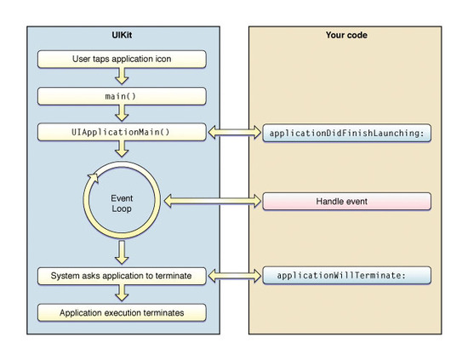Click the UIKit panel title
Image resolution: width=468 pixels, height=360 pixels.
pyautogui.click(x=122, y=35)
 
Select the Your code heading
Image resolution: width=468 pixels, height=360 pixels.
pyautogui.click(x=346, y=35)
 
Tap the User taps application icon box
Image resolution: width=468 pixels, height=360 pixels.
pyautogui.click(x=122, y=59)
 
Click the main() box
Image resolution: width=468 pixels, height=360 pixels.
pyautogui.click(x=122, y=96)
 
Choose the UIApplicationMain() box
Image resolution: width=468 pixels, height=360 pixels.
pyautogui.click(x=122, y=132)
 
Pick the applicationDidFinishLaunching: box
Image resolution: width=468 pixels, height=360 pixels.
pyautogui.click(x=347, y=133)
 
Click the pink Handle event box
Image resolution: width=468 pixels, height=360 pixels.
pyautogui.click(x=347, y=202)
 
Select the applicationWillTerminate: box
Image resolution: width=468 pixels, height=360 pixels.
pyautogui.click(x=347, y=275)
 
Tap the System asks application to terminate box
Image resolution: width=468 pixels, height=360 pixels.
pyautogui.click(x=122, y=276)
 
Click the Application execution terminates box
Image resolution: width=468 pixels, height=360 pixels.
pyautogui.click(x=122, y=313)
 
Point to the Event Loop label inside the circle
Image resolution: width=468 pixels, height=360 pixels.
pyautogui.click(x=122, y=203)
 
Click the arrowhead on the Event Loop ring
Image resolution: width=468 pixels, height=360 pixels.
pyautogui.click(x=93, y=178)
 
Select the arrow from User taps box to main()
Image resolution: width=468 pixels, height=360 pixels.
pyautogui.click(x=122, y=76)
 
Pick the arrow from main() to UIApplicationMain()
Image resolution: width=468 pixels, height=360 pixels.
pyautogui.click(x=122, y=113)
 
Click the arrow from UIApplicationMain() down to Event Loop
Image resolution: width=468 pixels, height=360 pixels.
pyautogui.click(x=122, y=149)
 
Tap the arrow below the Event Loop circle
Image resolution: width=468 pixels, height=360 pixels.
pyautogui.click(x=122, y=253)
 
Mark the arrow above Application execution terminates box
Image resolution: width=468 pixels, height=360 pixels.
pyautogui.click(x=122, y=293)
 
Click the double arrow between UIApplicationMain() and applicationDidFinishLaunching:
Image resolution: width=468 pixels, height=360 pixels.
pyautogui.click(x=235, y=132)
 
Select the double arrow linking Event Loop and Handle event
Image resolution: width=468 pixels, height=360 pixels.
pyautogui.click(x=213, y=201)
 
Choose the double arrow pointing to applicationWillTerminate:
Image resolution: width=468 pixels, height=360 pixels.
pyautogui.click(x=235, y=276)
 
